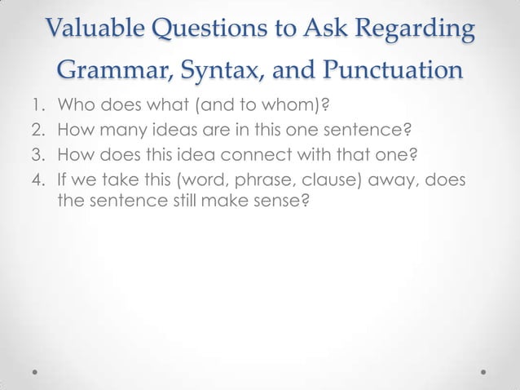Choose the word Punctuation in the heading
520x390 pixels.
click(394, 71)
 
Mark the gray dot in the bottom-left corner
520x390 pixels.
click(36, 370)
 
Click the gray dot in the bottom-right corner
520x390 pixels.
click(483, 370)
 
